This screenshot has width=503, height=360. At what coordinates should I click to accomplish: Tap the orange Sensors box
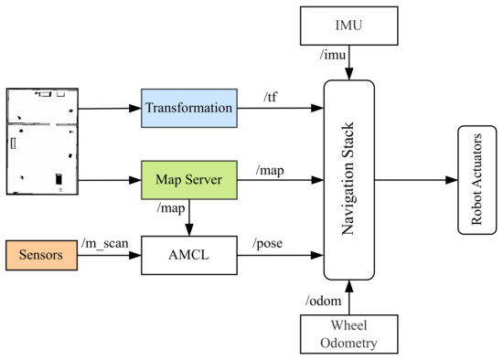pyautogui.click(x=40, y=255)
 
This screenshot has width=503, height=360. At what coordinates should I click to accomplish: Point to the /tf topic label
pyautogui.click(x=271, y=96)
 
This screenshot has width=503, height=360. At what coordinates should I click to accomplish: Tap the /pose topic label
pyautogui.click(x=272, y=243)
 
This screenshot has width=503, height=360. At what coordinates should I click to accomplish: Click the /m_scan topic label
pyautogui.click(x=103, y=242)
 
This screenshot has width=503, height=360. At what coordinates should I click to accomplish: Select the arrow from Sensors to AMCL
pyautogui.click(x=108, y=255)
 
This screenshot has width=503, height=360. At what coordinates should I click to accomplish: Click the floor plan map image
pyautogui.click(x=41, y=142)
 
